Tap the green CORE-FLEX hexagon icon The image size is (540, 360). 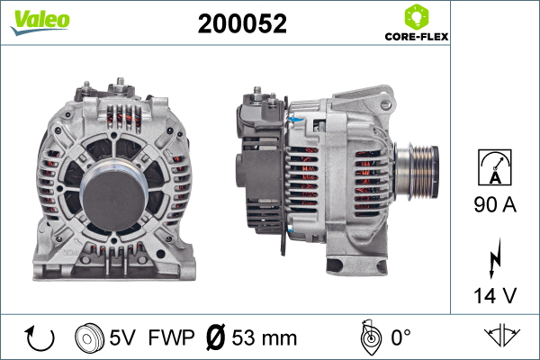click(416, 17)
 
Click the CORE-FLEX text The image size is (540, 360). click(416, 38)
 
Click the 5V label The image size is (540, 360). click(125, 338)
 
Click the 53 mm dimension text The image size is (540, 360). click(265, 338)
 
